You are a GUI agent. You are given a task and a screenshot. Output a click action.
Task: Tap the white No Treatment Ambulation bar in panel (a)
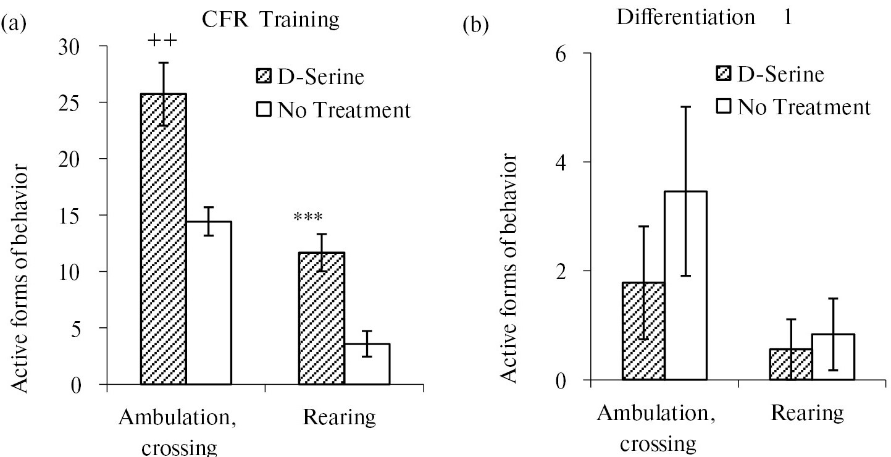209,303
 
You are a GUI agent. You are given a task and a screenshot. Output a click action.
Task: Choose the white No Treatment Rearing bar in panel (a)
367,364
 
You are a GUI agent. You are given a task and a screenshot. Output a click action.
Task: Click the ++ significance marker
163,41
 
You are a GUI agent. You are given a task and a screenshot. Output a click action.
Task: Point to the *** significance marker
309,217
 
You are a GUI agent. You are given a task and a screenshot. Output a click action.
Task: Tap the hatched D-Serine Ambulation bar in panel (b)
643,331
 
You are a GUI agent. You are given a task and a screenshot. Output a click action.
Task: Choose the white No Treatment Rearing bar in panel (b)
833,356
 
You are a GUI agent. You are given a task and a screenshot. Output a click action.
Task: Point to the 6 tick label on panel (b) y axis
560,54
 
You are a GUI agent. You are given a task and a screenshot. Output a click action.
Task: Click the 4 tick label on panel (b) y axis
560,162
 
